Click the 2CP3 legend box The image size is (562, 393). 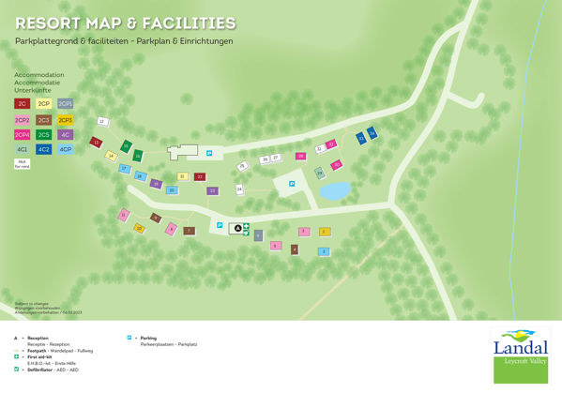click(66, 120)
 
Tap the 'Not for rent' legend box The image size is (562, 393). click(22, 163)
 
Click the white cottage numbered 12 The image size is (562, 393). click(102, 122)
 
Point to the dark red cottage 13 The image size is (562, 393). click(96, 143)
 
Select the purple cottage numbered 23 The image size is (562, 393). click(213, 190)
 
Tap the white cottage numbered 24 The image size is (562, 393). click(239, 189)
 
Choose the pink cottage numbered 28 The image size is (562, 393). click(300, 157)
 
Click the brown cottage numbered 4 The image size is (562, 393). click(294, 249)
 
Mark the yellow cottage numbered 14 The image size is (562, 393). click(111, 156)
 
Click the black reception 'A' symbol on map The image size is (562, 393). click(236, 227)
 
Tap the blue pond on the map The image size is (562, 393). click(333, 190)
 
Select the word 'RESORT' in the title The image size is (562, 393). click(46, 23)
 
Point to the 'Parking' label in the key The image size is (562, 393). click(148, 338)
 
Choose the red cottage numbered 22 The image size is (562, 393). click(199, 176)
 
